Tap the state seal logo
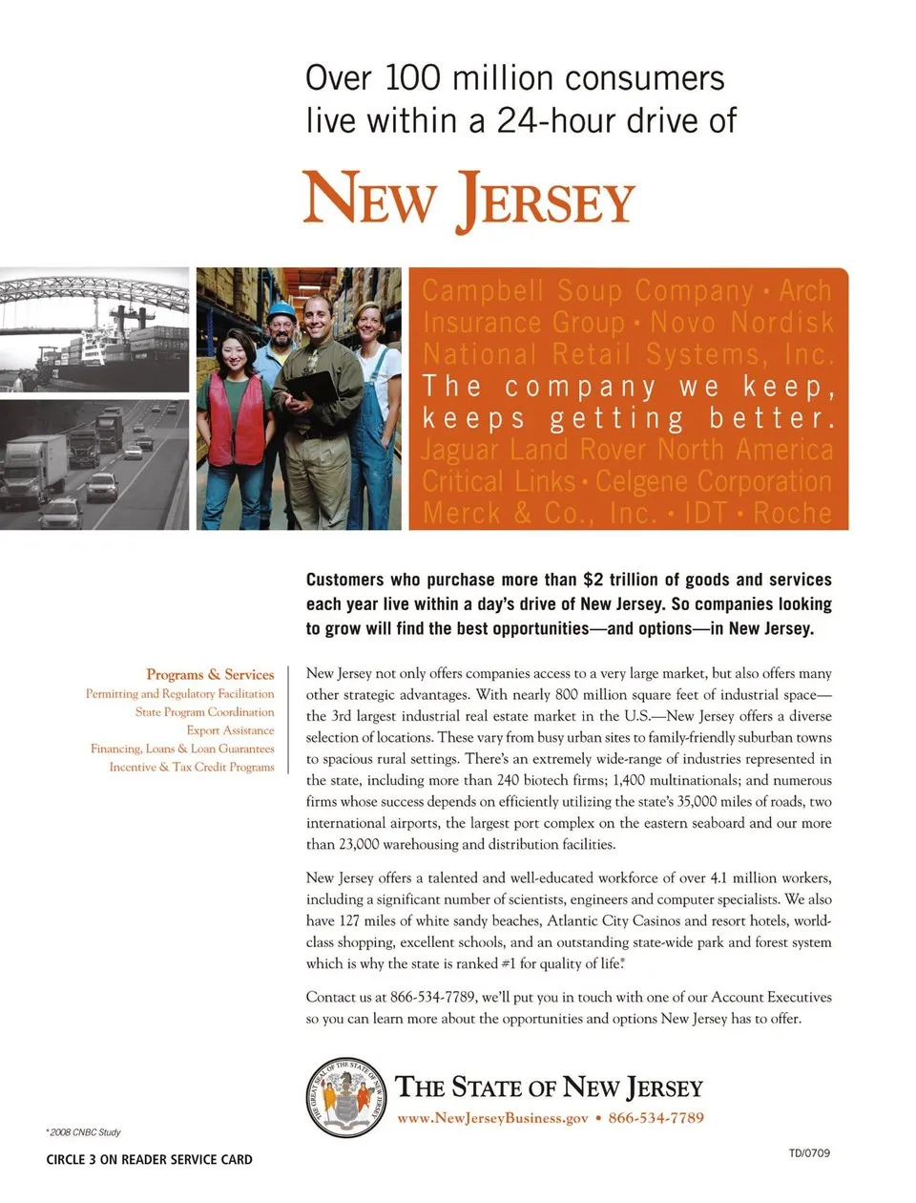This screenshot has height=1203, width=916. click(345, 1097)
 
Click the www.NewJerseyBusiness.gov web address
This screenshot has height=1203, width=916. click(492, 1118)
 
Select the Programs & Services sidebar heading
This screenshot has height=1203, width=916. click(210, 674)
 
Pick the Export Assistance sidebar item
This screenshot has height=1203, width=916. click(230, 730)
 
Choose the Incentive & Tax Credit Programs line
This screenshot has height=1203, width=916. click(191, 767)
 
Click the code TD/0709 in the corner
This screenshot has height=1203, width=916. click(809, 1152)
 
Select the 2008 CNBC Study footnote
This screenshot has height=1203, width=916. click(84, 1132)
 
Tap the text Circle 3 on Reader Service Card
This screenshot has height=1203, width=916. click(149, 1160)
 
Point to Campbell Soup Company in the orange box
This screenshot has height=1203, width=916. click(588, 290)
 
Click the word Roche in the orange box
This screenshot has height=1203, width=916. click(792, 513)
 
